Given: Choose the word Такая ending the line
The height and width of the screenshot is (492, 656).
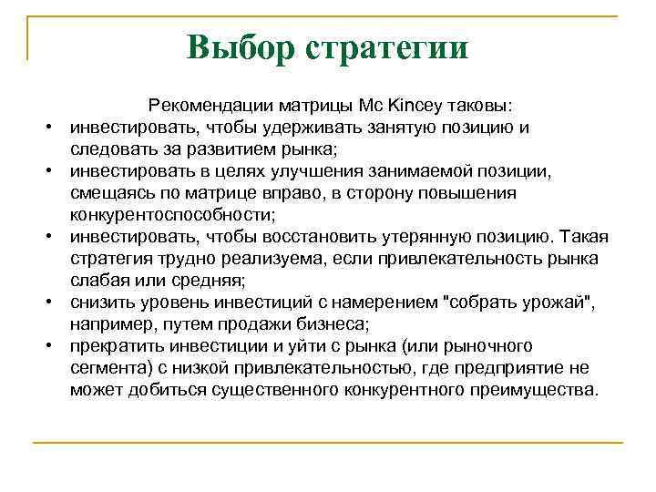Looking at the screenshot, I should (x=583, y=236).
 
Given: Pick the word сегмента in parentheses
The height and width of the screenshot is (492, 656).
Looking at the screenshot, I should (x=108, y=368).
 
